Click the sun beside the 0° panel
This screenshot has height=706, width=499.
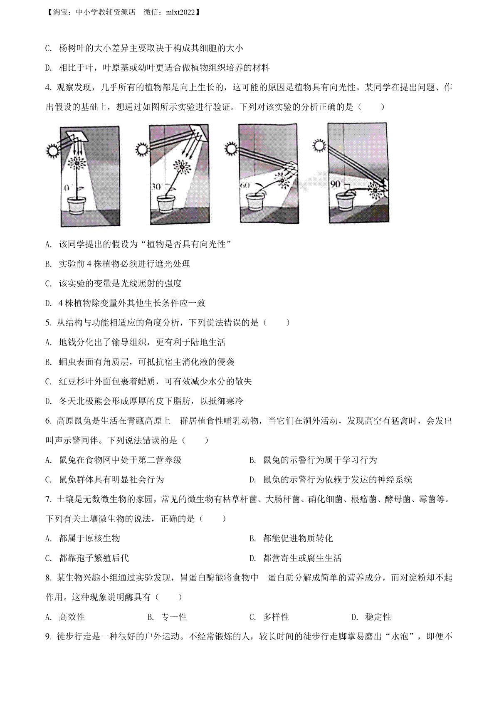click(x=52, y=151)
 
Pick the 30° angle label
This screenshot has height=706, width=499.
click(x=157, y=187)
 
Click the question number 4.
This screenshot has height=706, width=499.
click(x=48, y=87)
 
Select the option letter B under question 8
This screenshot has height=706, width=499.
click(x=151, y=617)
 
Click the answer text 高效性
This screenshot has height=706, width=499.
click(x=72, y=617)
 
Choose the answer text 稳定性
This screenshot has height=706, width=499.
click(x=378, y=617)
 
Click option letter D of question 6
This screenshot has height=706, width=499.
click(x=252, y=480)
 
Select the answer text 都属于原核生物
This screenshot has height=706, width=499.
click(x=89, y=538)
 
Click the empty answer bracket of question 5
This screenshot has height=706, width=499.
click(x=276, y=322)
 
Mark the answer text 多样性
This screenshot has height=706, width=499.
click(x=276, y=617)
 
